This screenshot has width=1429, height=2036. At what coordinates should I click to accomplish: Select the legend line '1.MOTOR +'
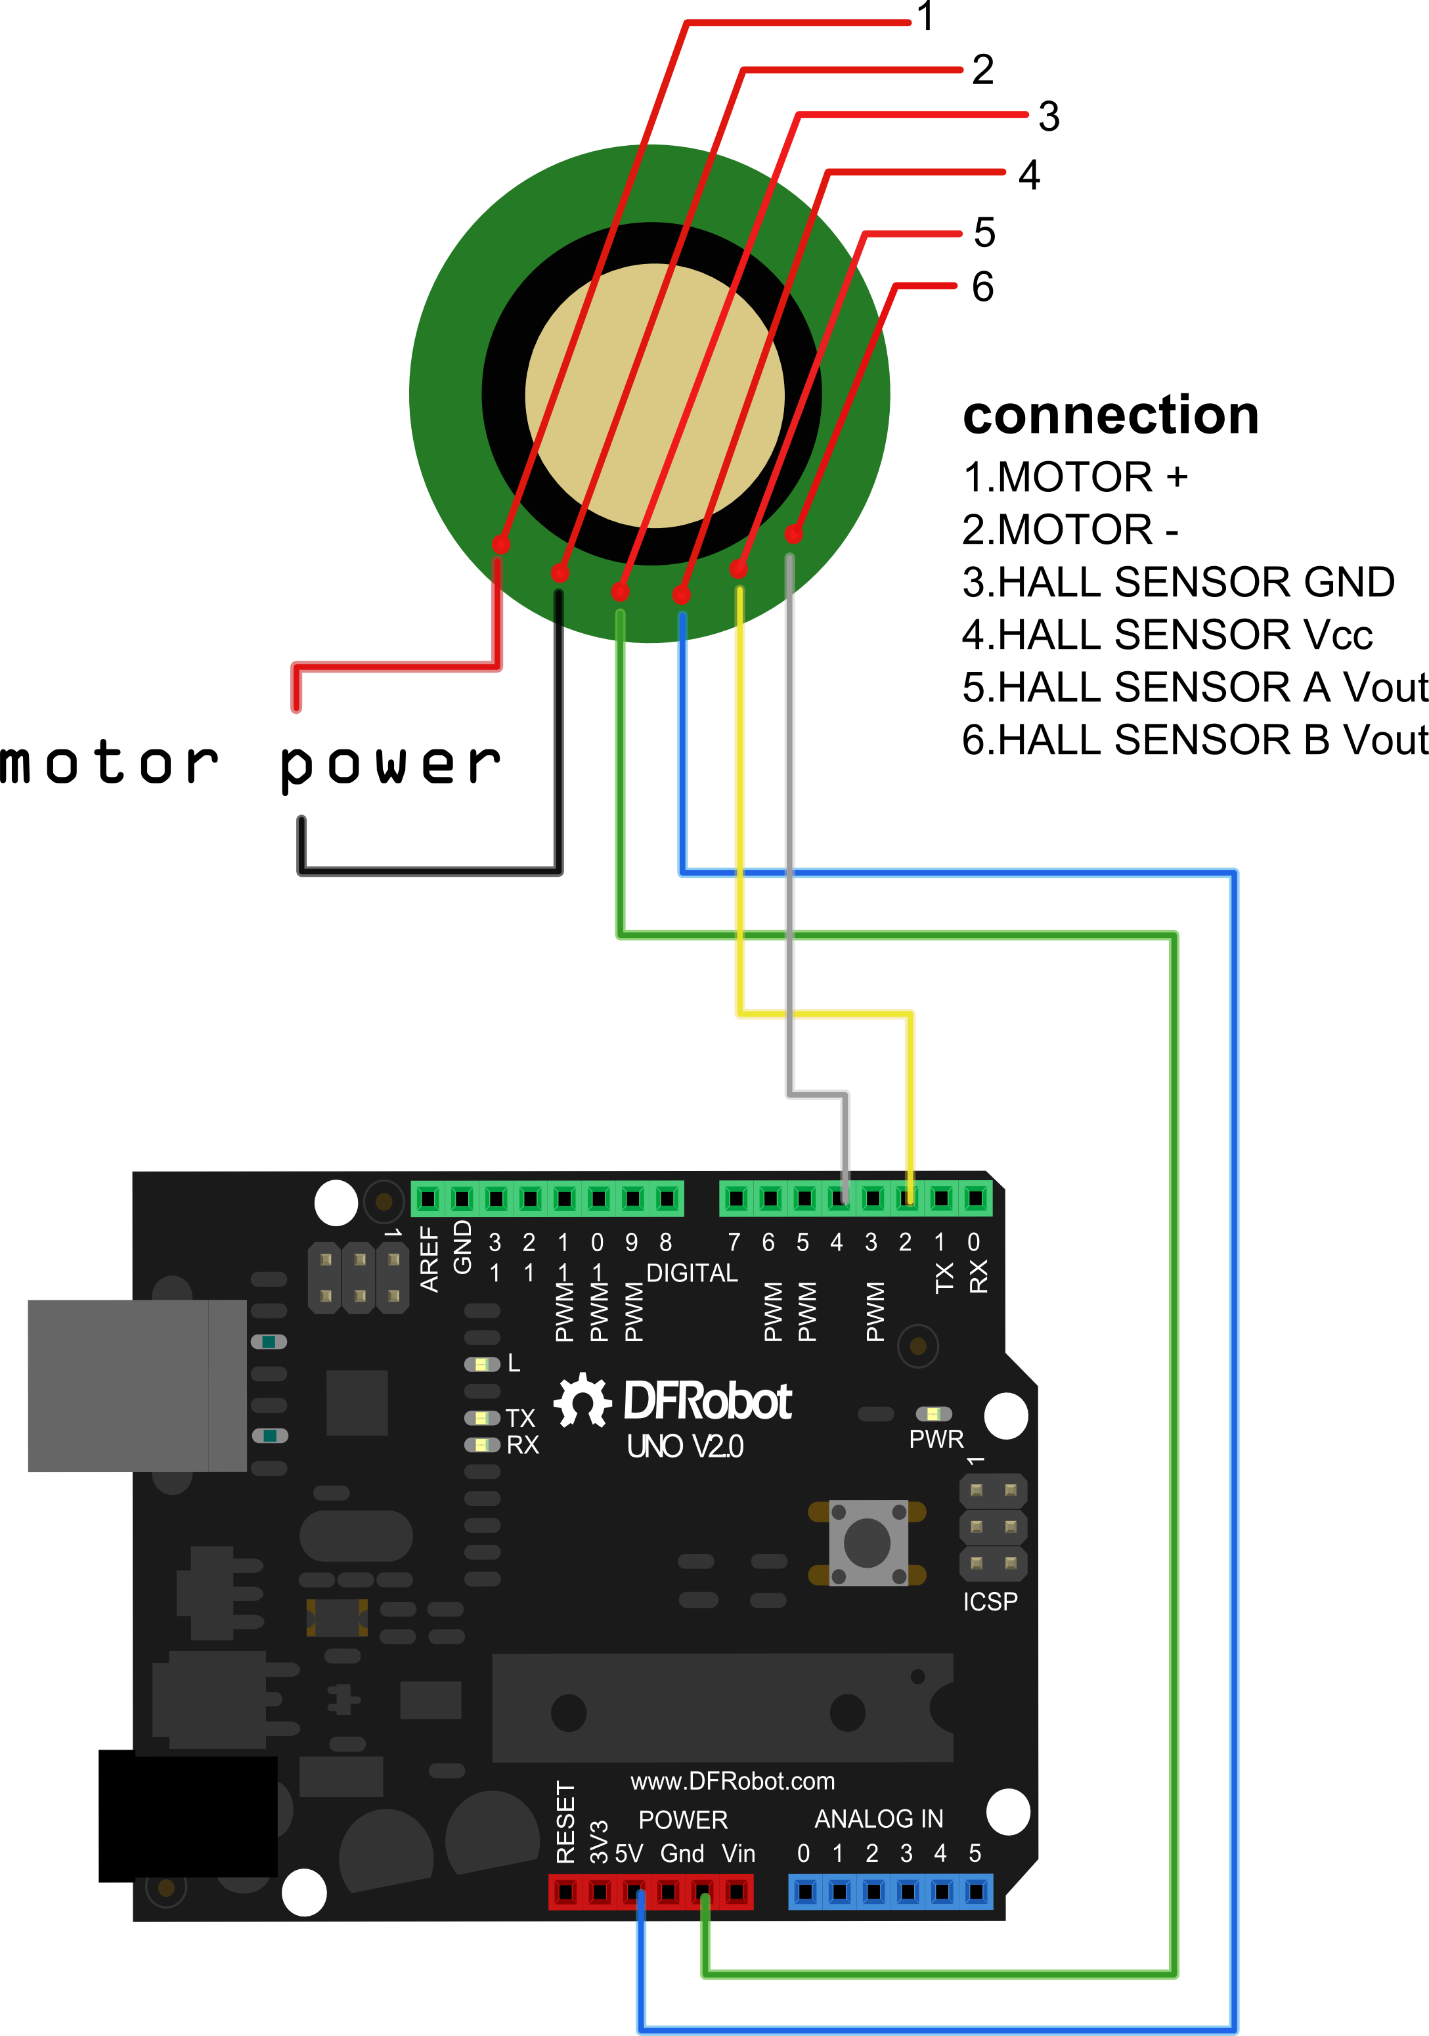tap(1074, 478)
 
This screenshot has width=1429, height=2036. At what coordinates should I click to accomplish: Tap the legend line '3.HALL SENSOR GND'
tap(1178, 583)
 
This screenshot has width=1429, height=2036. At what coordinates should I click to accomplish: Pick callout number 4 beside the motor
tap(1028, 175)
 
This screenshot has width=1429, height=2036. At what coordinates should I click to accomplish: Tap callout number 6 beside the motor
tap(982, 287)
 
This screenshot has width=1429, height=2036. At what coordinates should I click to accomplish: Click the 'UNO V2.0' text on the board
tap(684, 1447)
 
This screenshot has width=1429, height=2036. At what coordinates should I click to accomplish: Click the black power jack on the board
tap(187, 1815)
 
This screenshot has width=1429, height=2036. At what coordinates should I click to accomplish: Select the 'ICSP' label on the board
tap(990, 1601)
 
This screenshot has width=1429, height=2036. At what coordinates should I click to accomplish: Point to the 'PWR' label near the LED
tap(936, 1439)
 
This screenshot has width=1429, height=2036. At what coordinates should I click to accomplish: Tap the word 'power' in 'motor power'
tap(390, 764)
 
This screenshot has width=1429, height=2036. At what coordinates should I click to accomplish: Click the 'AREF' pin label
tap(429, 1259)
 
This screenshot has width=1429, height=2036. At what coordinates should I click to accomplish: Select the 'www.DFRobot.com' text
tap(732, 1781)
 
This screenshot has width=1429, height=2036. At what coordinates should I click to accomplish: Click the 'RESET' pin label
tap(565, 1823)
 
